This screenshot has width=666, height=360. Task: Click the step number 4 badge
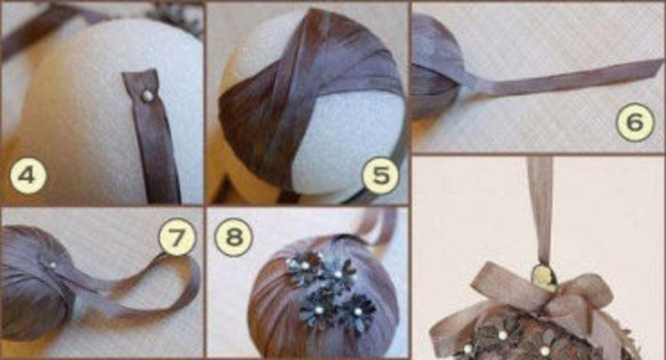(28, 175)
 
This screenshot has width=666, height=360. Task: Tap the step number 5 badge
(380, 175)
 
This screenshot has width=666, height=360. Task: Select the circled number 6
(635, 122)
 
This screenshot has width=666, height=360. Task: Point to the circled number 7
(177, 237)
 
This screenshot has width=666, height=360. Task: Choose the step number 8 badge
(233, 237)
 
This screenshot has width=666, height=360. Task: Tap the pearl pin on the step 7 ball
(53, 265)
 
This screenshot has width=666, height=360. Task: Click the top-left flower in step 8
(304, 266)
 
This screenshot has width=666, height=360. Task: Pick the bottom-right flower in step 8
(357, 313)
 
